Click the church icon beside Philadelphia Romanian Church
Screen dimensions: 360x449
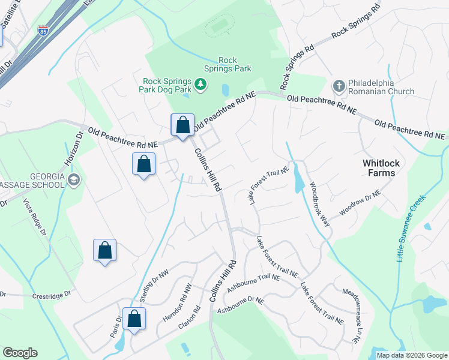tap(339, 86)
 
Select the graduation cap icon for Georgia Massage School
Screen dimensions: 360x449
tap(74, 179)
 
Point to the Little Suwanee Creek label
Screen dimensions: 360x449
tap(411, 228)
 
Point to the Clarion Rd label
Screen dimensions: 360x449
tap(193, 323)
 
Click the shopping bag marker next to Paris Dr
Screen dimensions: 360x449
tap(134, 319)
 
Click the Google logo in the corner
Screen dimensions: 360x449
tap(20, 353)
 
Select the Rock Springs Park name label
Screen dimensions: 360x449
tap(235, 64)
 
